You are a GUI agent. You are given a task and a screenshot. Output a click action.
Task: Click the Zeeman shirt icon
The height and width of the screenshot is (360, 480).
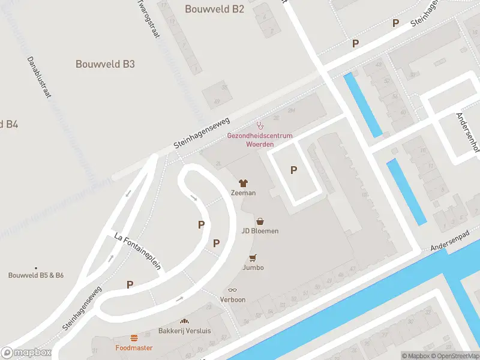[244, 183]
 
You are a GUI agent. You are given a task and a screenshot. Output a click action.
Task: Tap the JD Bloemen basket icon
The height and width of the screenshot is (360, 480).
[260, 221]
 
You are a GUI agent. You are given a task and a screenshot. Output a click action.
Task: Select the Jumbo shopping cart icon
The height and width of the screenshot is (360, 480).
[253, 258]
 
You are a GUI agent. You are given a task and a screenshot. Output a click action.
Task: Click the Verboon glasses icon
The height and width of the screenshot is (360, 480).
[233, 290]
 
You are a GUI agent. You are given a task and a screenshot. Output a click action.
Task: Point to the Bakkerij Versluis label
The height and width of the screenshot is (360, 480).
[184, 331]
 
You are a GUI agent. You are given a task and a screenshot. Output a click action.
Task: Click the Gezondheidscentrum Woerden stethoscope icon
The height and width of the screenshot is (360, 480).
[260, 126]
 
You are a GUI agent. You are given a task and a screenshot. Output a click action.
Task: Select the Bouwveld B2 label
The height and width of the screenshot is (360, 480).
[214, 9]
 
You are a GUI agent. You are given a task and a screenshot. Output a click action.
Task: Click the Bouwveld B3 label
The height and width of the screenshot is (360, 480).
[105, 64]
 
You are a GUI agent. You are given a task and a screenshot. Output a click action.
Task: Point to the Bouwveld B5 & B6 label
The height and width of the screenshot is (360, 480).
[36, 275]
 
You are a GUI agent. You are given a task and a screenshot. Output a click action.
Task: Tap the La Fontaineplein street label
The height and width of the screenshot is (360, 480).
[137, 252]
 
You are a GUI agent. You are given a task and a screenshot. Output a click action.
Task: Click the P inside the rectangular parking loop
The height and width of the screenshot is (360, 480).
[293, 170]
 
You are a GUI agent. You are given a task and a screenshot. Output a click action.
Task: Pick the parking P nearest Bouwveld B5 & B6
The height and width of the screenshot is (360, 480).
[130, 284]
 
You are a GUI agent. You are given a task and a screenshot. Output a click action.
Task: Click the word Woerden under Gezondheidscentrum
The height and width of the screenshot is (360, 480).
[260, 144]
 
